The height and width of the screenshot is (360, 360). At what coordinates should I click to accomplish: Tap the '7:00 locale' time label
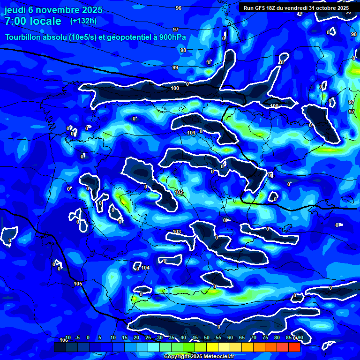[x=33, y=21]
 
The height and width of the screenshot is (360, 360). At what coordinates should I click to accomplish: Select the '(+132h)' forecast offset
[x=83, y=21]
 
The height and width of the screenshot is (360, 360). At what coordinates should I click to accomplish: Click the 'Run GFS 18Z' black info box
[x=296, y=8]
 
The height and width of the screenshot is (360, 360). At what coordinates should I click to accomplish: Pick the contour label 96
[x=178, y=8]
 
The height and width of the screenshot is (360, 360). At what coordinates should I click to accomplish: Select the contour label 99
[x=175, y=68]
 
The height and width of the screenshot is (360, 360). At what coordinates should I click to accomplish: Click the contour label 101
[x=191, y=133]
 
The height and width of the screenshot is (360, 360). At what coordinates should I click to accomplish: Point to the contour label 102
[x=179, y=192]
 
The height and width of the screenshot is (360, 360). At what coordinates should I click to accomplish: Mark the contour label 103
[x=177, y=232]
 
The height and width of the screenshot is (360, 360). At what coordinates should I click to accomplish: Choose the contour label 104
[x=145, y=268]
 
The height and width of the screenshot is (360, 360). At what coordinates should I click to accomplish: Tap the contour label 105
[x=78, y=284]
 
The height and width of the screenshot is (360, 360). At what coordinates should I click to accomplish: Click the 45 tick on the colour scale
[x=195, y=337]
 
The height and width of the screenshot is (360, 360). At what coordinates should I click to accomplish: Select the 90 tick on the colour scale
[x=300, y=337]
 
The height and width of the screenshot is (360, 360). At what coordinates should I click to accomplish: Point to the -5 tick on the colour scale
[x=77, y=337]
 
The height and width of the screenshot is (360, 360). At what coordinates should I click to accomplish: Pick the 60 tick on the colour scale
[x=230, y=337]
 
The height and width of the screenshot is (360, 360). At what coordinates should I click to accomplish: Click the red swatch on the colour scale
[x=294, y=347]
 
